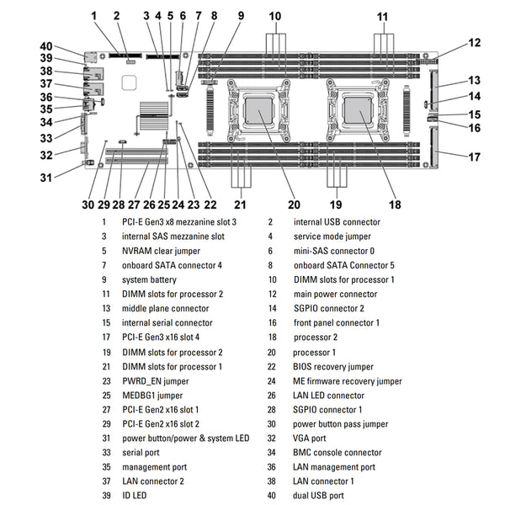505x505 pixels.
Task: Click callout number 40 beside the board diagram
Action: click(45, 46)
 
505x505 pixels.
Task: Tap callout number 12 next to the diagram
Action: click(474, 43)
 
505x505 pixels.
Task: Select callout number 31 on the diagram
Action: click(46, 177)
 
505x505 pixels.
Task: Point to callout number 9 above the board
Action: click(241, 15)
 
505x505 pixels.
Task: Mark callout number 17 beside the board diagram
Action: click(475, 156)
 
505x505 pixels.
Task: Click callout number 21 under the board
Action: click(240, 205)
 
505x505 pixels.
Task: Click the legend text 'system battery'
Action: click(151, 279)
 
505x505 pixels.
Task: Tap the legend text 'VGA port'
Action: click(311, 438)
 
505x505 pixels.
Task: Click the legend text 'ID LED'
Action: click(136, 496)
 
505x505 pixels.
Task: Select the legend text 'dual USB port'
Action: click(318, 496)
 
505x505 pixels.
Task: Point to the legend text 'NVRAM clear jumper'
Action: click(162, 251)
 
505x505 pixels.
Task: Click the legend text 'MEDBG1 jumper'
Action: click(152, 395)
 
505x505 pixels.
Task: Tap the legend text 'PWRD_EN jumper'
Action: click(156, 380)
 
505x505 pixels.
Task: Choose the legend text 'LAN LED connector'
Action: click(329, 395)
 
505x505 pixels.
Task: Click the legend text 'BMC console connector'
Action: click(338, 452)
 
